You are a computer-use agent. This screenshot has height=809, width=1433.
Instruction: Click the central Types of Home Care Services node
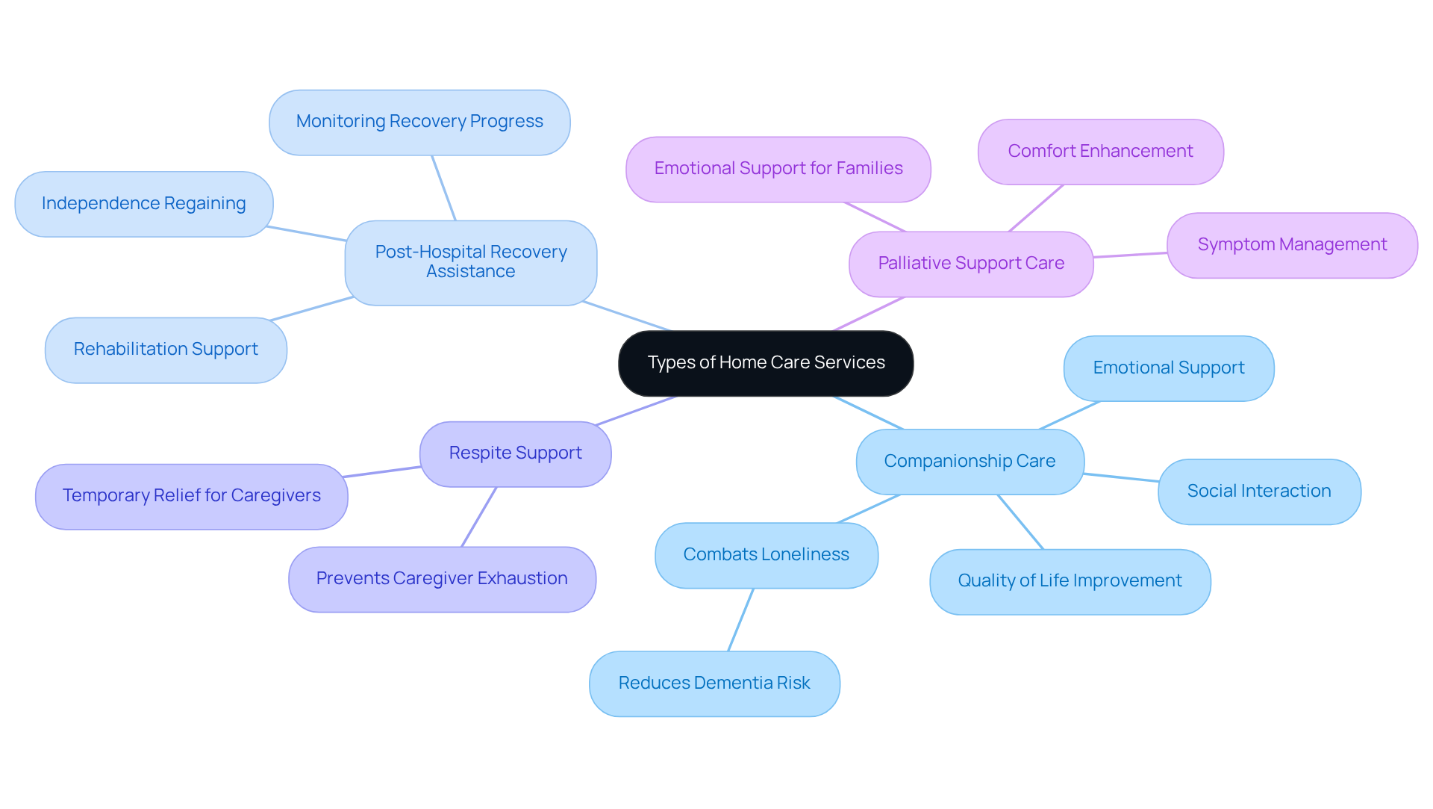tap(766, 363)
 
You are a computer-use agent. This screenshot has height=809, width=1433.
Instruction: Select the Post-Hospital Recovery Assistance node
tap(470, 262)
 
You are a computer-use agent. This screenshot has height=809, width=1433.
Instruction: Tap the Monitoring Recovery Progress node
tap(419, 122)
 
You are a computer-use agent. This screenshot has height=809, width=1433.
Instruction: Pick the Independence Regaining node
tap(143, 204)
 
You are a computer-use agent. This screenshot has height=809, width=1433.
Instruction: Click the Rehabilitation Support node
tap(166, 350)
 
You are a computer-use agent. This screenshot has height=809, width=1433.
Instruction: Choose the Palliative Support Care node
tap(970, 264)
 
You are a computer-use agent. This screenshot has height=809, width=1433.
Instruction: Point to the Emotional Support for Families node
tap(778, 169)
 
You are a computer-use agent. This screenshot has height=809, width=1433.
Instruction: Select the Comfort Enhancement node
tap(1100, 152)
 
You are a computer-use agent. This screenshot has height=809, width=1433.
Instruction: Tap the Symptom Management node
tap(1291, 245)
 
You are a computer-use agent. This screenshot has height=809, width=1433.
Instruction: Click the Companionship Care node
tap(970, 462)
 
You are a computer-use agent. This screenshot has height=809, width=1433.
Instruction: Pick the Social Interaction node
tap(1258, 492)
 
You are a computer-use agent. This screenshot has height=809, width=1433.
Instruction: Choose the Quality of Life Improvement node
tap(1070, 581)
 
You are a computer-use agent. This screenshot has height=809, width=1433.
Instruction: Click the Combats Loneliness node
tap(766, 555)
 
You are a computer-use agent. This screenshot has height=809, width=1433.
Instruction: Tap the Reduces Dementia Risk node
tap(714, 684)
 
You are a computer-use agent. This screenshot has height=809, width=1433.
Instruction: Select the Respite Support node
tap(515, 453)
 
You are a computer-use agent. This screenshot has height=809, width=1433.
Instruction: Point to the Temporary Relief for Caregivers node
tap(191, 496)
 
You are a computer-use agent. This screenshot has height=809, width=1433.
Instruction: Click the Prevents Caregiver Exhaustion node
tap(441, 579)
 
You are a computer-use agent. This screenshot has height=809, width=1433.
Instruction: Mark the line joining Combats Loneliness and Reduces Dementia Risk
tap(740, 620)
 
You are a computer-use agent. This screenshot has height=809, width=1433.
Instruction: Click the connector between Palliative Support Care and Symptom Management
tap(1130, 255)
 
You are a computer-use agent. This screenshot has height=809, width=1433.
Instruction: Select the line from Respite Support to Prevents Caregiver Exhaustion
tap(478, 517)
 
